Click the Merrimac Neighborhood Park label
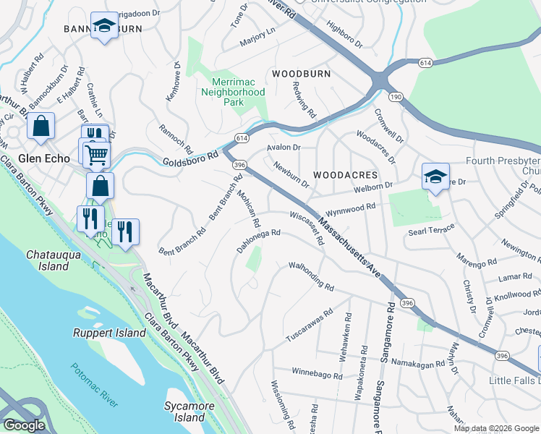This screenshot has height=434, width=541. click(233, 93)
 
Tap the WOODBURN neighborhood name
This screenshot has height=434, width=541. click(301, 74)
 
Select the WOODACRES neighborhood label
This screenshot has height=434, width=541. click(345, 175)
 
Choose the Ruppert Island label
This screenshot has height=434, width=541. click(109, 333)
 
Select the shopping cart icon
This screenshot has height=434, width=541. click(95, 153)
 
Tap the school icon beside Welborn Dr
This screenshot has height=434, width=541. click(435, 176)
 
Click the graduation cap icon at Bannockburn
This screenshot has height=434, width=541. click(104, 27)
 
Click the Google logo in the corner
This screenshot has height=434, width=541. click(23, 425)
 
